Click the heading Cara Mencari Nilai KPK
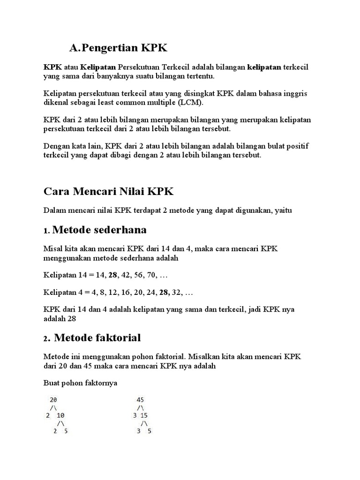click(x=109, y=191)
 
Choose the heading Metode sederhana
click(x=100, y=230)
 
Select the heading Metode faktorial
click(x=97, y=337)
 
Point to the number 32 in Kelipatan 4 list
click(x=178, y=292)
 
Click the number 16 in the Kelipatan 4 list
click(x=118, y=292)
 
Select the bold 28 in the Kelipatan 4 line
click(x=164, y=292)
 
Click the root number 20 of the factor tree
click(x=53, y=400)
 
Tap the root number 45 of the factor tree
click(x=140, y=400)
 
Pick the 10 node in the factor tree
click(x=60, y=416)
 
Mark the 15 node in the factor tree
click(x=144, y=416)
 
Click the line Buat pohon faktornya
click(x=80, y=383)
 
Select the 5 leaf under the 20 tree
click(x=66, y=431)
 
